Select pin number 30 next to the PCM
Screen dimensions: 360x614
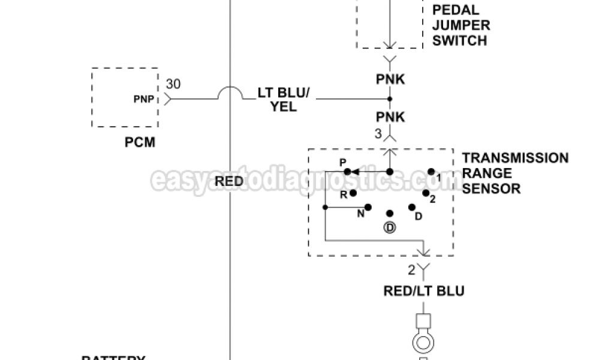tap(173, 85)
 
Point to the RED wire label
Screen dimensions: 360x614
tap(228, 181)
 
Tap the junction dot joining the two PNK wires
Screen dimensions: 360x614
tap(390, 99)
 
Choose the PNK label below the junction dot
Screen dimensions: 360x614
tap(390, 117)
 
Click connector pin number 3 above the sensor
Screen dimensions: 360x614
tap(378, 134)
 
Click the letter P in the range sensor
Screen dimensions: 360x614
tap(343, 163)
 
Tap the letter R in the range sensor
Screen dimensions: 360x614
tap(344, 194)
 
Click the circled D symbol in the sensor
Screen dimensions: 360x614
tap(390, 227)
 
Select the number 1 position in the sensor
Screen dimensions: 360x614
tap(438, 178)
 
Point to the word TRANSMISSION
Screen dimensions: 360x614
tap(515, 158)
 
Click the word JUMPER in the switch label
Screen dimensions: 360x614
tap(461, 26)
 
